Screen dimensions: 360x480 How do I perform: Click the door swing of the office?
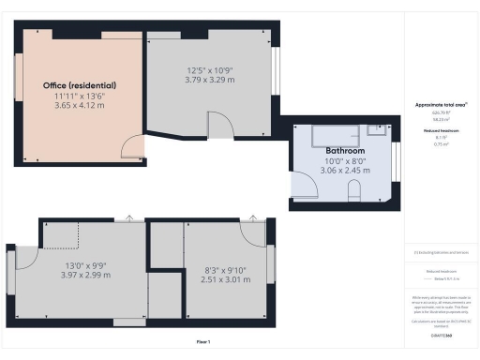pos(134,146)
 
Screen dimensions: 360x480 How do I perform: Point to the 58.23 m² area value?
pos(434,120)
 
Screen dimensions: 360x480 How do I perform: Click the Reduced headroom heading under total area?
pos(434,130)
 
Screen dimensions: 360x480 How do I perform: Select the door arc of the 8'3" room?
pos(251,231)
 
